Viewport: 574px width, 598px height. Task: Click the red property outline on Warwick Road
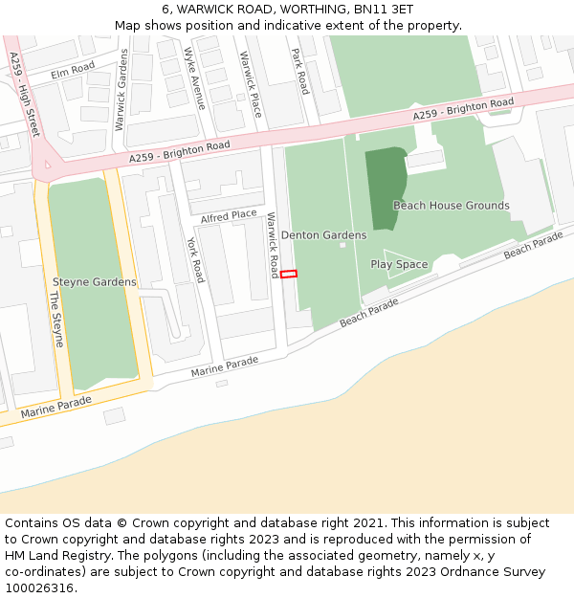click(289, 274)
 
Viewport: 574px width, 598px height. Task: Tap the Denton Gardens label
click(323, 235)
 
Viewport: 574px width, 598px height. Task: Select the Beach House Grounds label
click(451, 206)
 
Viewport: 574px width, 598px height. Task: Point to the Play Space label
click(399, 264)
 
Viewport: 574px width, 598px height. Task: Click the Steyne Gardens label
click(94, 282)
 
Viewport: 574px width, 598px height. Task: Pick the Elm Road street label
click(74, 69)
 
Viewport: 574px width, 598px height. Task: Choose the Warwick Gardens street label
click(121, 90)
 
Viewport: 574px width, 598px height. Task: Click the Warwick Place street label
click(251, 83)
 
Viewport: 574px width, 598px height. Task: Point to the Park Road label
click(300, 71)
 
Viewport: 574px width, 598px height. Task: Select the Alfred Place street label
click(229, 215)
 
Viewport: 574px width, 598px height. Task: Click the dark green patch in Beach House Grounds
click(385, 187)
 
